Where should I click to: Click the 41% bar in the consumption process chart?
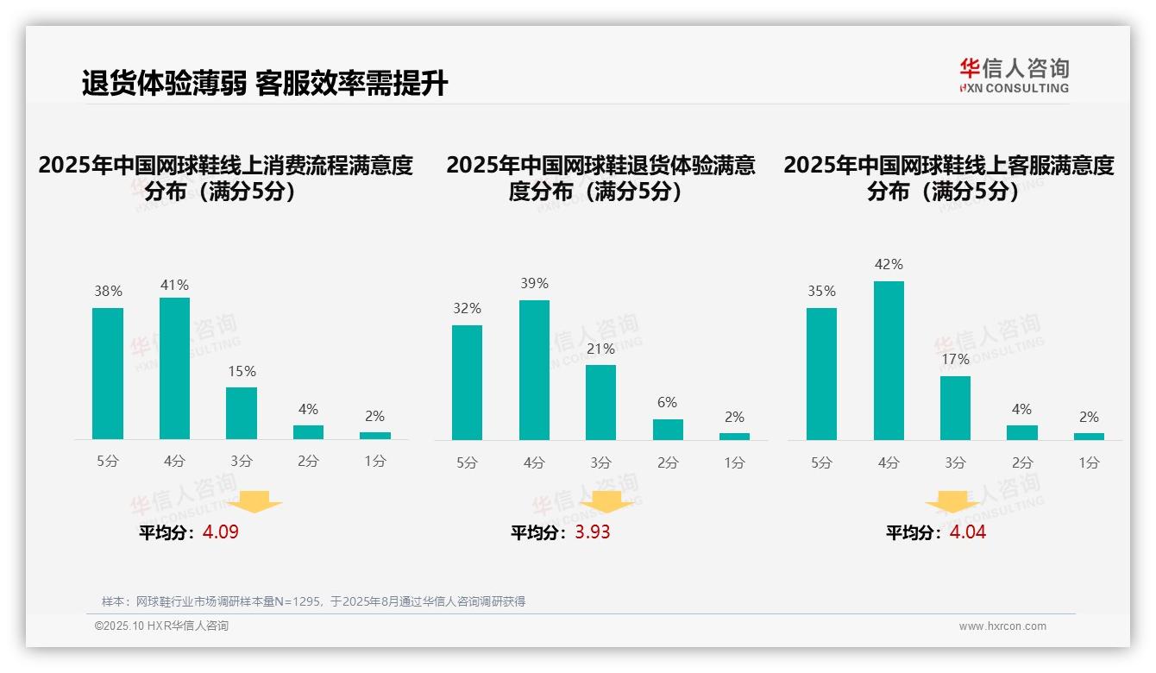(x=174, y=368)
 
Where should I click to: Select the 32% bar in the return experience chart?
(x=467, y=382)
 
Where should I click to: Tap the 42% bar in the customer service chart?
(x=889, y=361)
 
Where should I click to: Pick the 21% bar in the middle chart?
(x=600, y=402)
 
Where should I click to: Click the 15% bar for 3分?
(x=242, y=413)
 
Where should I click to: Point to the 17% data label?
(x=955, y=359)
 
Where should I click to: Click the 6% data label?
(x=667, y=402)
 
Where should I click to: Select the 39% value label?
(x=534, y=284)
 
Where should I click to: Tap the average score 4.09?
(x=221, y=532)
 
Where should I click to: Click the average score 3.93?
(x=593, y=532)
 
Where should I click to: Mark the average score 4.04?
(x=967, y=532)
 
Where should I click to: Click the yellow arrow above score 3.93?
(x=606, y=501)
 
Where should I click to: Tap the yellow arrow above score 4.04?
(x=952, y=501)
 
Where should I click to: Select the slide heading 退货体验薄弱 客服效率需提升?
(x=265, y=84)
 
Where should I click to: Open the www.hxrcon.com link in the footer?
(x=1002, y=626)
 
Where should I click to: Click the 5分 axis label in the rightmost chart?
(x=821, y=462)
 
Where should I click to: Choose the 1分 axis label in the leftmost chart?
(x=375, y=461)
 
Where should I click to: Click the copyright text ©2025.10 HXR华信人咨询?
(x=161, y=626)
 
